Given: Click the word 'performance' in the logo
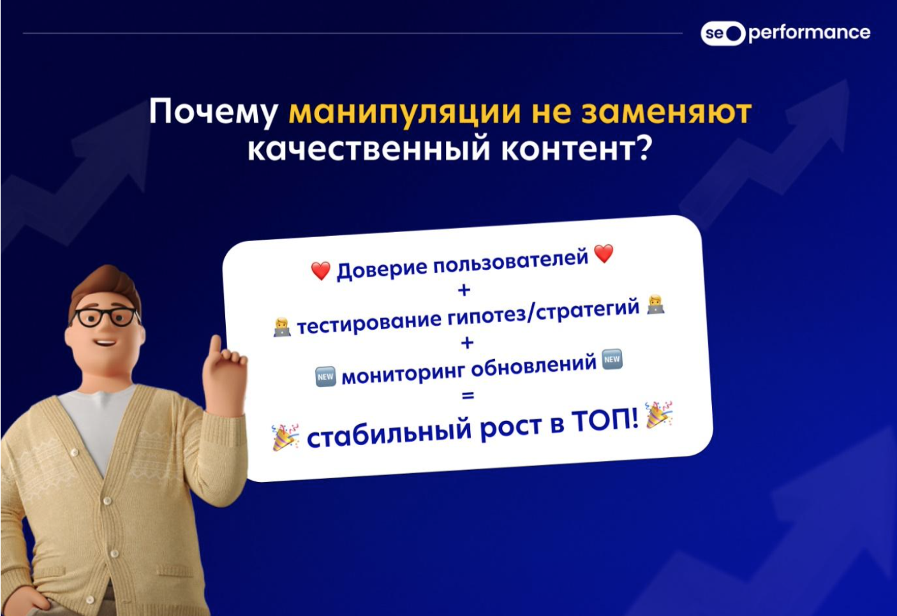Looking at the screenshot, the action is coord(809,33).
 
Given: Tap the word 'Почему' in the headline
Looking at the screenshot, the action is coord(213,112).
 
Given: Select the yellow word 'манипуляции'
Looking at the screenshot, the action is coord(404,113).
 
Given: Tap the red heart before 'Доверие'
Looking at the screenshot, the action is coord(321,271).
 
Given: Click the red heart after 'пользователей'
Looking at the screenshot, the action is coord(604,254).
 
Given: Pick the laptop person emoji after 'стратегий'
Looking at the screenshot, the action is coord(656,305).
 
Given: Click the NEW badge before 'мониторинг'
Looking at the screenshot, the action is coord(325,377).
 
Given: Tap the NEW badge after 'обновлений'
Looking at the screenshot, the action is coord(612,359).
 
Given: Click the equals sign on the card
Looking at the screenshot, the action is coord(468,396).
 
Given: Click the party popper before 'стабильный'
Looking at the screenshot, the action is coord(285,437).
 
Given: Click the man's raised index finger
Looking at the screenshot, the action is coord(216,346).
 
